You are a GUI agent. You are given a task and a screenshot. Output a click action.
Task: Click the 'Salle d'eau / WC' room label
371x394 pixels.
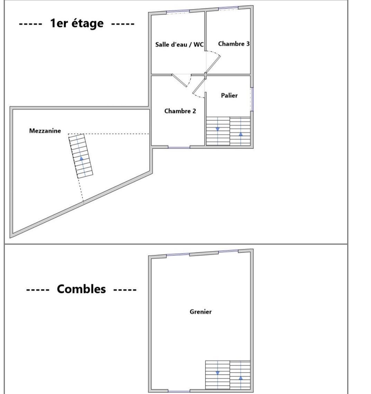pyautogui.click(x=179, y=44)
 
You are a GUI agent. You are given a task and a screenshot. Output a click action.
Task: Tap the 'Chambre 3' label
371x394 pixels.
pyautogui.click(x=234, y=44)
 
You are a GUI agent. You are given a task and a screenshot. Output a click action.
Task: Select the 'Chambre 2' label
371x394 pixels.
pyautogui.click(x=180, y=111)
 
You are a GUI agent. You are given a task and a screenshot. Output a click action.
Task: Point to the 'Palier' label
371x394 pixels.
pyautogui.click(x=229, y=95)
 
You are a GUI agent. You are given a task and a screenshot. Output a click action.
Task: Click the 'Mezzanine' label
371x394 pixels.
pyautogui.click(x=45, y=131)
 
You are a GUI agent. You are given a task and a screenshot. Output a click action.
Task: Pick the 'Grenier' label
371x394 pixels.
pyautogui.click(x=200, y=312)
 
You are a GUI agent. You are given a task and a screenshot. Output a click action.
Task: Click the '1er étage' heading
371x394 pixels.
pyautogui.click(x=77, y=24)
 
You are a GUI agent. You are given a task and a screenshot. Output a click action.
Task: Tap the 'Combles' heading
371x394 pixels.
pyautogui.click(x=81, y=289)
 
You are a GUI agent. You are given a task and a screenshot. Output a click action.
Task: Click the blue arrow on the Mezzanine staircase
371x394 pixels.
pyautogui.click(x=81, y=158)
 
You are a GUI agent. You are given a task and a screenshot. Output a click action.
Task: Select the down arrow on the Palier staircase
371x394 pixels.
pyautogui.click(x=218, y=130)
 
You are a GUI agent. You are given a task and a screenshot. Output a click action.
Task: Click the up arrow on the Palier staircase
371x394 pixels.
pyautogui.click(x=241, y=134)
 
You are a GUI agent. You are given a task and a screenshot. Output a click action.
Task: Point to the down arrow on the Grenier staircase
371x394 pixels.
pyautogui.click(x=218, y=373)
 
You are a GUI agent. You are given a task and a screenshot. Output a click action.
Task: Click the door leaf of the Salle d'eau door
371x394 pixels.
pyautogui.click(x=179, y=80)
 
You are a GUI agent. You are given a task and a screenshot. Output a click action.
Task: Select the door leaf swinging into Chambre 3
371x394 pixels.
pyautogui.click(x=213, y=64)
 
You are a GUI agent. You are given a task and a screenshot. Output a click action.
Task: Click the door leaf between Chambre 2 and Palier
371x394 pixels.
pyautogui.click(x=199, y=86)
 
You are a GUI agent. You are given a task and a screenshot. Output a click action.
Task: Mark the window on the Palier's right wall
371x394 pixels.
pyautogui.click(x=252, y=99)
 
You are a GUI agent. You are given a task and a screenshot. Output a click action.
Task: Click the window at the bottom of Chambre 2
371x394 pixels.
pyautogui.click(x=179, y=148)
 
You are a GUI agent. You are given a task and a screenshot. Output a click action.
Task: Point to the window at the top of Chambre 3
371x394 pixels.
pyautogui.click(x=228, y=8)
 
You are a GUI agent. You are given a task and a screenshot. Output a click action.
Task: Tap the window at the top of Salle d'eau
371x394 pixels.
pyautogui.click(x=178, y=12)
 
